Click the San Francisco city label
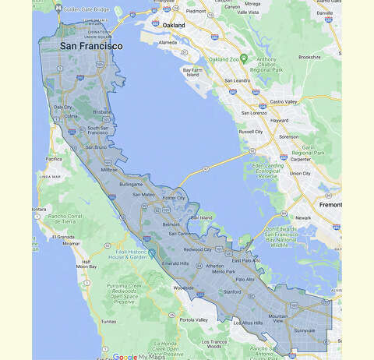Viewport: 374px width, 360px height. click(x=91, y=46)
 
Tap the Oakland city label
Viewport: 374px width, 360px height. click(x=174, y=25)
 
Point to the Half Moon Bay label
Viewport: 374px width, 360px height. click(x=86, y=264)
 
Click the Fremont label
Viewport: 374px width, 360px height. click(x=330, y=204)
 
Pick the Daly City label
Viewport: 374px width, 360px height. click(x=62, y=108)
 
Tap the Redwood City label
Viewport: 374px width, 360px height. click(x=197, y=249)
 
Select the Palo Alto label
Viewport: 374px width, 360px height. click(x=245, y=279)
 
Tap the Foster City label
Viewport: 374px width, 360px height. click(x=173, y=198)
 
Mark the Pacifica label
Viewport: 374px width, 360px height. click(x=53, y=158)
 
